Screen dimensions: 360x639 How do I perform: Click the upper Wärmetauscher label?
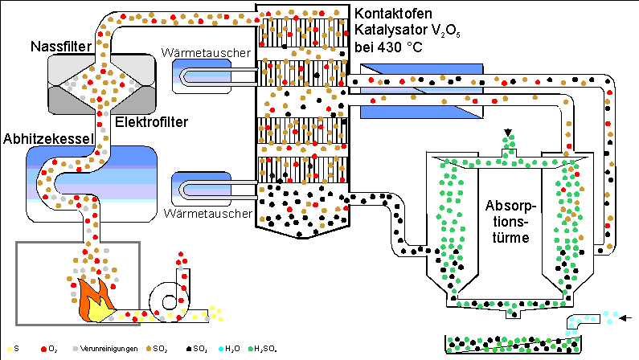209,54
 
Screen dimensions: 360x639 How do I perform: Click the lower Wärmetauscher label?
209,214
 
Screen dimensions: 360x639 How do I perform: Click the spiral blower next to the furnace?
171,300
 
